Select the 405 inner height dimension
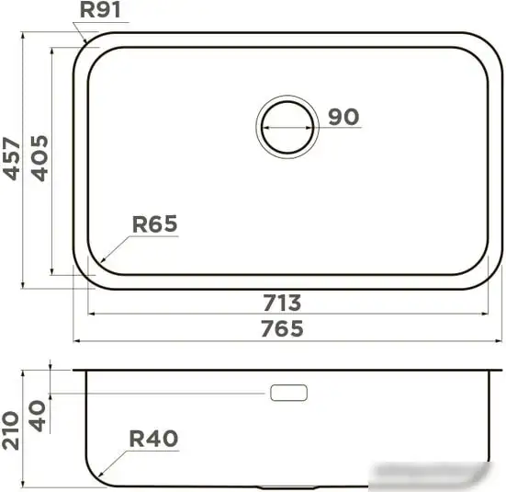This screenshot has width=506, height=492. (x=39, y=158)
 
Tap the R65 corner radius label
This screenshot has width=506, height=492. (x=154, y=223)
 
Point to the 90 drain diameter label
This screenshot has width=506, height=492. (x=343, y=117)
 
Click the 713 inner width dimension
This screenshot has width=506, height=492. (x=282, y=303)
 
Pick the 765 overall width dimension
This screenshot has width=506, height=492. (x=282, y=328)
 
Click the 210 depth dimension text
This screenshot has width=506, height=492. (x=13, y=429)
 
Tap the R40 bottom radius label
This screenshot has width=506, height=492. (x=153, y=440)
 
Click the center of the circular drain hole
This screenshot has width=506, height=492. (x=287, y=126)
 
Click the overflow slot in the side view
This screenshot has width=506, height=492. (x=288, y=393)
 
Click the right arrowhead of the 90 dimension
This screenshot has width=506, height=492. (x=316, y=127)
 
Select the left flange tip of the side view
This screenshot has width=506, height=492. (x=75, y=372)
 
